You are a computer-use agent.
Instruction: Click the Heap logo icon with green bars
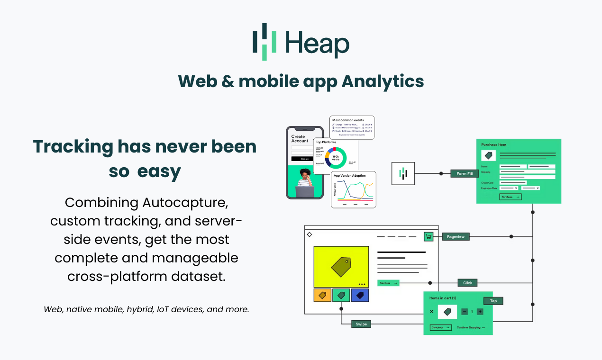[x=265, y=42]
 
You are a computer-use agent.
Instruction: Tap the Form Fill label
[x=465, y=173]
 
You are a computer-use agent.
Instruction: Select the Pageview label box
[x=456, y=236]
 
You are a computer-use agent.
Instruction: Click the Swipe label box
[x=361, y=324]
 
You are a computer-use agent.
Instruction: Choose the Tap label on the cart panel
[x=493, y=301]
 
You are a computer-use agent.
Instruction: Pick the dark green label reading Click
[x=467, y=283]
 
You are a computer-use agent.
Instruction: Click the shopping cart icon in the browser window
[x=429, y=236]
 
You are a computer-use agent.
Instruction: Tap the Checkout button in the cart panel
[x=440, y=327]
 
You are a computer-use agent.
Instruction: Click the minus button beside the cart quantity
[x=465, y=311]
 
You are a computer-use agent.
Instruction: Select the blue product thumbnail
[x=360, y=295]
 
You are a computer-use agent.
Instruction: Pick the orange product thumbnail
[x=322, y=295]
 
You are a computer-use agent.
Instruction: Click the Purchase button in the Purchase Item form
[x=510, y=197]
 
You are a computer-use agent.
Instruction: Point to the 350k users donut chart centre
[x=336, y=158]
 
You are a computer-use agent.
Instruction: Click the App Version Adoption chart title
[x=350, y=176]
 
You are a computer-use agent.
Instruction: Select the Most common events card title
[x=348, y=120]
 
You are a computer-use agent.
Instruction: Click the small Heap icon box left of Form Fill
[x=403, y=173]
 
